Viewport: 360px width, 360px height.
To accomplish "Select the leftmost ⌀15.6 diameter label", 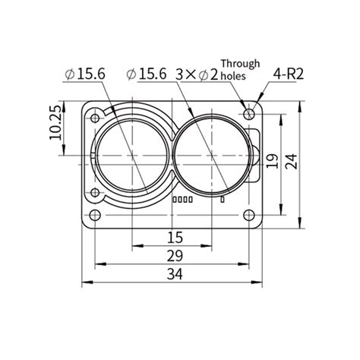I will pyautogui.click(x=85, y=74).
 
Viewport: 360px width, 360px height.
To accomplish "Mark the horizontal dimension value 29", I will pyautogui.click(x=174, y=256).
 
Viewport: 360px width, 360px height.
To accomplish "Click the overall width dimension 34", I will pyautogui.click(x=174, y=275).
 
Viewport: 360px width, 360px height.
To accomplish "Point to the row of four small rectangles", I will pyautogui.click(x=183, y=201).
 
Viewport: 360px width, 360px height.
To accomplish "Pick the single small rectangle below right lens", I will pyautogui.click(x=222, y=201).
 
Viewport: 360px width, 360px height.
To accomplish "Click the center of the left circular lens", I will pyautogui.click(x=131, y=156).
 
